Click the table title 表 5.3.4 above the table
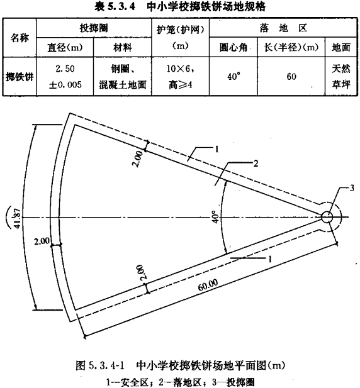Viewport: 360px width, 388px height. tap(115, 7)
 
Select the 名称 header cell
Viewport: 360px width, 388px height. tap(20, 38)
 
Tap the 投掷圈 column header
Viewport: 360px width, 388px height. tap(94, 28)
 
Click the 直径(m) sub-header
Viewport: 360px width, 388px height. tap(65, 47)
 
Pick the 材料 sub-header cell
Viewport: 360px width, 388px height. tap(123, 47)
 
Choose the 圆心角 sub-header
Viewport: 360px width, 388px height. tap(233, 47)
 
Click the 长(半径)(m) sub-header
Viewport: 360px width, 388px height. tap(291, 47)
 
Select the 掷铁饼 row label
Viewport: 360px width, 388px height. tap(20, 77)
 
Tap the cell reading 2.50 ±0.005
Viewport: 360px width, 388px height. tap(65, 77)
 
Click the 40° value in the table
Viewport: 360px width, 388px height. tap(233, 77)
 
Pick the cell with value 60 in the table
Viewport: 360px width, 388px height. tap(291, 77)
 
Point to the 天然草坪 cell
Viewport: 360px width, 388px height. tap(341, 77)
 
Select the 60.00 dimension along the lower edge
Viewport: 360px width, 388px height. tap(208, 285)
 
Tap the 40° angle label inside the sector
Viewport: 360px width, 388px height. tap(215, 217)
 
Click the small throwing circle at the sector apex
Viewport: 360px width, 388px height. tap(327, 217)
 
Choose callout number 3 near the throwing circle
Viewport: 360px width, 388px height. tap(352, 188)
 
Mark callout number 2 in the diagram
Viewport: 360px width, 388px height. tap(256, 163)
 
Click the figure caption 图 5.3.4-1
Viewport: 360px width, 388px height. tap(100, 365)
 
